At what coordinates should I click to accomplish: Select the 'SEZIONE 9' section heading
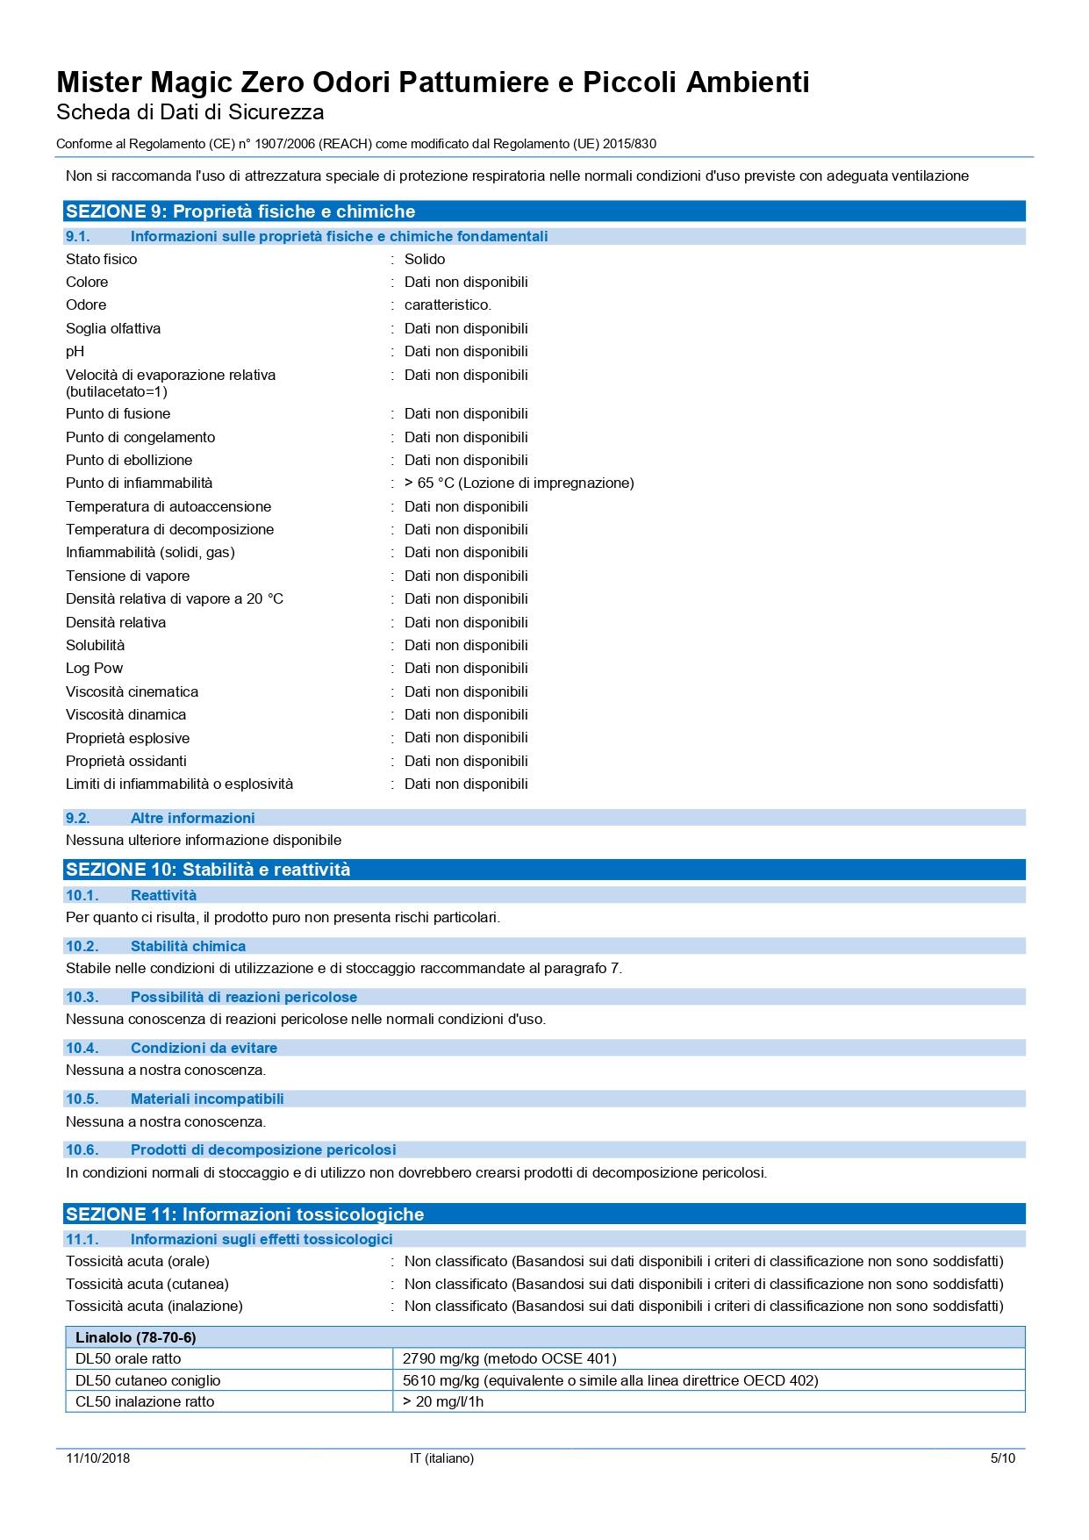[x=240, y=211]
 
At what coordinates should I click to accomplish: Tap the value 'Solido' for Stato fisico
[x=425, y=259]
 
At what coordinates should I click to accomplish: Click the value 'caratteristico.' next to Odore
[x=448, y=304]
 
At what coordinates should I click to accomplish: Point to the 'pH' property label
[x=75, y=351]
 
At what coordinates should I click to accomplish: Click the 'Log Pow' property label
[x=95, y=668]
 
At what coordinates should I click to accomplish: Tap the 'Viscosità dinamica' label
[x=125, y=714]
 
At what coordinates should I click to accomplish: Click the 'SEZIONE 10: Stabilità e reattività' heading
[x=208, y=870]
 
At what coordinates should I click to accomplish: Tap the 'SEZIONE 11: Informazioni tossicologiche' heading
[x=245, y=1214]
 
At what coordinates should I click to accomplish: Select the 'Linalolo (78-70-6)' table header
[x=136, y=1337]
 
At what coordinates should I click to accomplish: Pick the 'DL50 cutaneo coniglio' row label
[x=148, y=1380]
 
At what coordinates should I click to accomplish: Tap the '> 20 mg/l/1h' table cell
[x=443, y=1401]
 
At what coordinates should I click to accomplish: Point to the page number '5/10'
[x=1002, y=1458]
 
